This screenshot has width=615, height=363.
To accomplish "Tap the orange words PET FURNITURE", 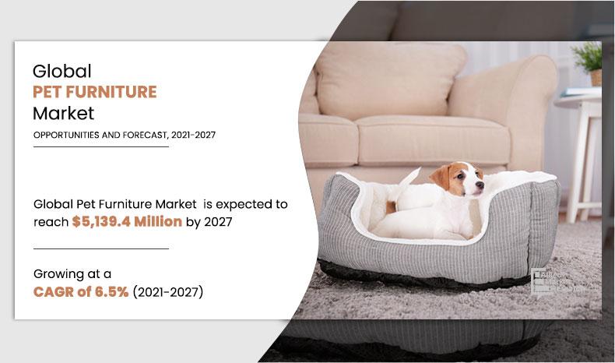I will tap(94, 92).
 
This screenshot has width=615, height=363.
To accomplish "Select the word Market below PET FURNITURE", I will tap(63, 113).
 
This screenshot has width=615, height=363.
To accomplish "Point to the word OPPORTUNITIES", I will tap(67, 135).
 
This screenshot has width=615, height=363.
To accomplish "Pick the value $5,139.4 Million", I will tap(127, 221).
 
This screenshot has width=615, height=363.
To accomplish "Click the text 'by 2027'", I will tap(209, 221).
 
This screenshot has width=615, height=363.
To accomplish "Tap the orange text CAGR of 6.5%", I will tap(81, 292).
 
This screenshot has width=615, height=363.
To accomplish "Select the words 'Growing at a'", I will tap(72, 273).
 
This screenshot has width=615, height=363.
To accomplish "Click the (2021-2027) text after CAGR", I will tap(168, 292).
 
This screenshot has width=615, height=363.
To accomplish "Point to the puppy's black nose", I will tap(481, 186).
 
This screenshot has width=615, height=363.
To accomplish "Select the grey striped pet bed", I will tap(436, 249).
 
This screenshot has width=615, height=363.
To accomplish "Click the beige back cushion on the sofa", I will tap(389, 78).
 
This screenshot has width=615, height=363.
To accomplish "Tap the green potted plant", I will tap(589, 58).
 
